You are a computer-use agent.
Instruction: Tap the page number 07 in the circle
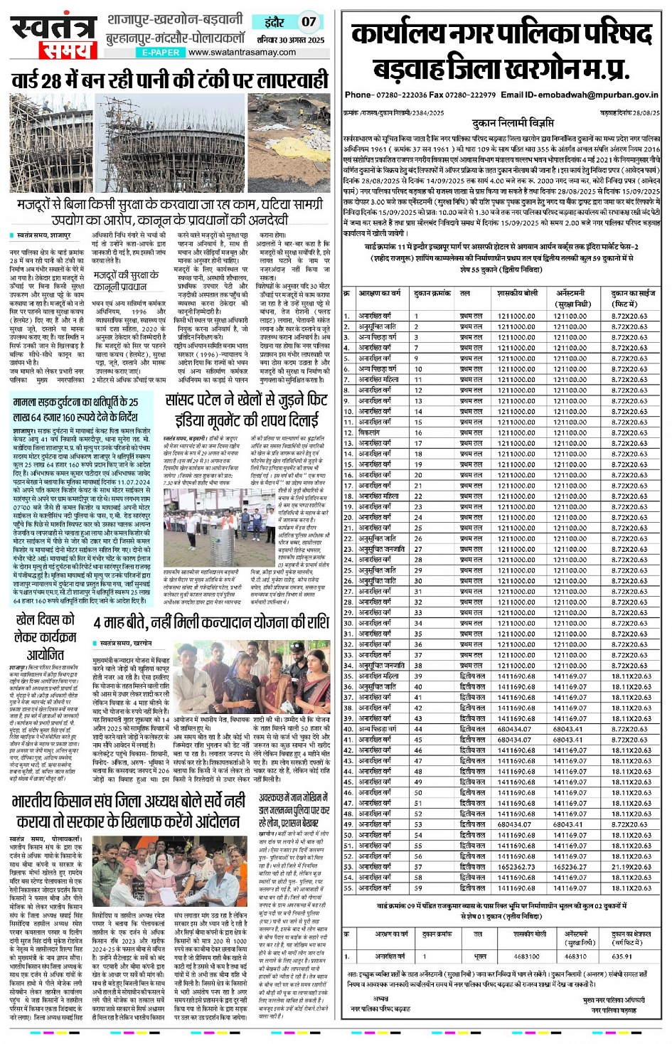point(308,21)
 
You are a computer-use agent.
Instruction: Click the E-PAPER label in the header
point(161,53)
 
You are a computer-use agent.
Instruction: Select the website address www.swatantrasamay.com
point(242,53)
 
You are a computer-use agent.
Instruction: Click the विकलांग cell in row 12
point(370,432)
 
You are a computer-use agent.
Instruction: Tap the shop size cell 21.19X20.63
point(631,867)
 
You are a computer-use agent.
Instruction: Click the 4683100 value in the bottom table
point(526,957)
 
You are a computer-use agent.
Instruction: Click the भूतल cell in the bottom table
point(481,957)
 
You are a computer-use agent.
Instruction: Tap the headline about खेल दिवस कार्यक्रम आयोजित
point(46,637)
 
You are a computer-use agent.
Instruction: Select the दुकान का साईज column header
point(633,298)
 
